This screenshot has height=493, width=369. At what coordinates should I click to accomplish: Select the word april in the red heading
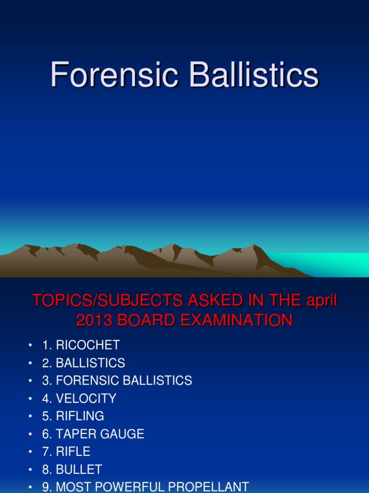click(x=321, y=300)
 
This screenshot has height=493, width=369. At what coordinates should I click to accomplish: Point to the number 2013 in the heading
click(x=94, y=320)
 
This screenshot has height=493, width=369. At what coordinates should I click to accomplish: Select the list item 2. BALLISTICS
click(x=84, y=363)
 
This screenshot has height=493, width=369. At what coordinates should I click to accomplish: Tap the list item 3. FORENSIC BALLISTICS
click(x=117, y=380)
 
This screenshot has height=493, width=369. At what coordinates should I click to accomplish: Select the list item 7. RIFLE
click(x=66, y=452)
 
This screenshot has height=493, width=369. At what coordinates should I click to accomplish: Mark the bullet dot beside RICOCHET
click(x=30, y=345)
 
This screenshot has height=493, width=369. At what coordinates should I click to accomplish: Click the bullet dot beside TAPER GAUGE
click(x=30, y=434)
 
